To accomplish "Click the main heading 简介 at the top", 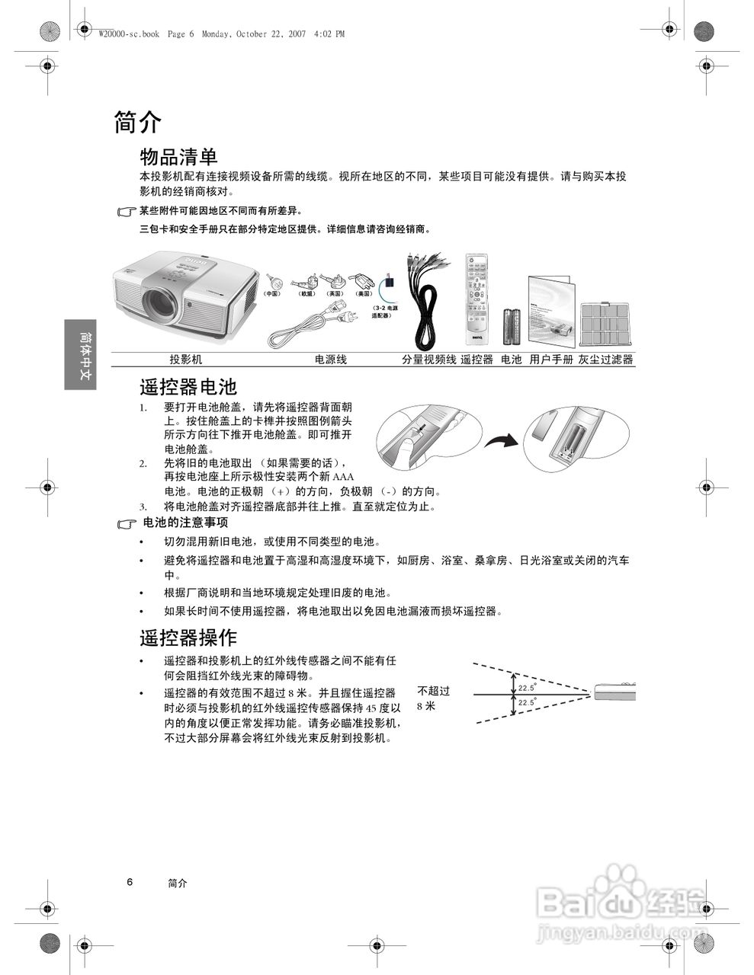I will pos(138,122).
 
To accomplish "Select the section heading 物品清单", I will pos(178,157).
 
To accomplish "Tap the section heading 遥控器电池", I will pos(188,387).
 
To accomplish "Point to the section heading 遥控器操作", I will pos(188,637).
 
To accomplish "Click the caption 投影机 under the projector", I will pos(185,360).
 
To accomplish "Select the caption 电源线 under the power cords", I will pos(330,360).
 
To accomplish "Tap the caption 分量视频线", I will pos(428,360).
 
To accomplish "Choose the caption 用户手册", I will pos(550,360).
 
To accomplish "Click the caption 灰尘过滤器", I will pos(606,360).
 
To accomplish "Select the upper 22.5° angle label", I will pos(527,688).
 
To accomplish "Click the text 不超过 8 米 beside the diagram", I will pos(433,698).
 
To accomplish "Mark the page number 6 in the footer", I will pos(130,882).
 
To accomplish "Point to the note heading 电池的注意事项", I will pos(185,523).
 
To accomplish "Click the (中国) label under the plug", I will pos(272,293).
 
